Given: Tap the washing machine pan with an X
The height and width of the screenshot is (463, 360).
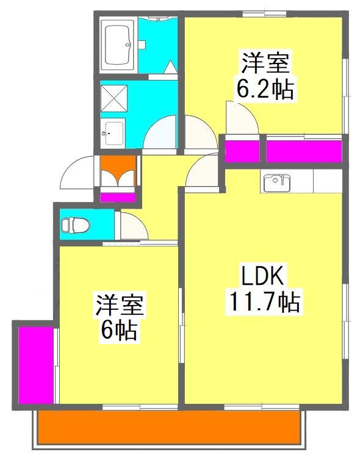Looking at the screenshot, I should [x=113, y=96].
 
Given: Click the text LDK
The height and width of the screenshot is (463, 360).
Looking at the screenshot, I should [x=264, y=278].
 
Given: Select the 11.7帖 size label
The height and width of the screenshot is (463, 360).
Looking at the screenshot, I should [x=264, y=301].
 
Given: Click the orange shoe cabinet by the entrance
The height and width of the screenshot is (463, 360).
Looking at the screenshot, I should [x=118, y=173].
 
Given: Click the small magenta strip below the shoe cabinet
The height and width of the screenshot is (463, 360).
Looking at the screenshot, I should [x=118, y=197].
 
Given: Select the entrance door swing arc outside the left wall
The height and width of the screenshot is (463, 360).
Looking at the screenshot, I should [x=79, y=174].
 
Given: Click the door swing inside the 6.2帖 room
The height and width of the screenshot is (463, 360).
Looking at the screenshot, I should [x=241, y=118].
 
